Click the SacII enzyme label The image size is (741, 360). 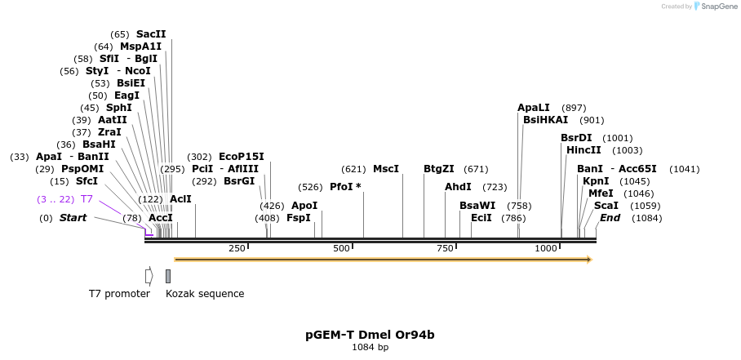(150, 34)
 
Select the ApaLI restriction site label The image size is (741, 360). (534, 108)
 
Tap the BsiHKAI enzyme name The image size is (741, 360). (546, 120)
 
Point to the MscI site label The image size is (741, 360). (385, 169)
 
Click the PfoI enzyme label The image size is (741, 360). (342, 187)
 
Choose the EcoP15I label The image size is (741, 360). (242, 157)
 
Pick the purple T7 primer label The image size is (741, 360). (87, 199)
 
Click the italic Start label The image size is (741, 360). (73, 218)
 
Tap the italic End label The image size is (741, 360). (610, 218)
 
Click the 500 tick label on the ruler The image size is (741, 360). (341, 248)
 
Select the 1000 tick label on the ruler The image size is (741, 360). (546, 248)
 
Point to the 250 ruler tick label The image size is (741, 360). (237, 248)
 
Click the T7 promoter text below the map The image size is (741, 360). (119, 294)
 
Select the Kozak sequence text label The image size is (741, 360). (205, 294)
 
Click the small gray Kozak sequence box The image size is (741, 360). (168, 276)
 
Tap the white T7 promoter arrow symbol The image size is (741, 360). (149, 276)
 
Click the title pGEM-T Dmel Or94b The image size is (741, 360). (370, 335)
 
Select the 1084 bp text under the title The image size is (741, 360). (370, 348)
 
